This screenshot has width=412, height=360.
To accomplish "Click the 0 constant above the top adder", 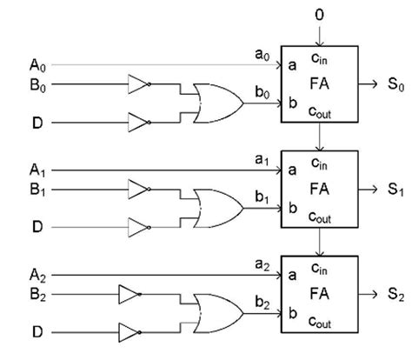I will [x=321, y=14].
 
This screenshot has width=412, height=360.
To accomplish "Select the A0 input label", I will [x=36, y=65].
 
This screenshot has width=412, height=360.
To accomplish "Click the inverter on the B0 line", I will [x=138, y=84].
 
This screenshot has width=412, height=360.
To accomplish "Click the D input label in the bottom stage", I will [x=35, y=332].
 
